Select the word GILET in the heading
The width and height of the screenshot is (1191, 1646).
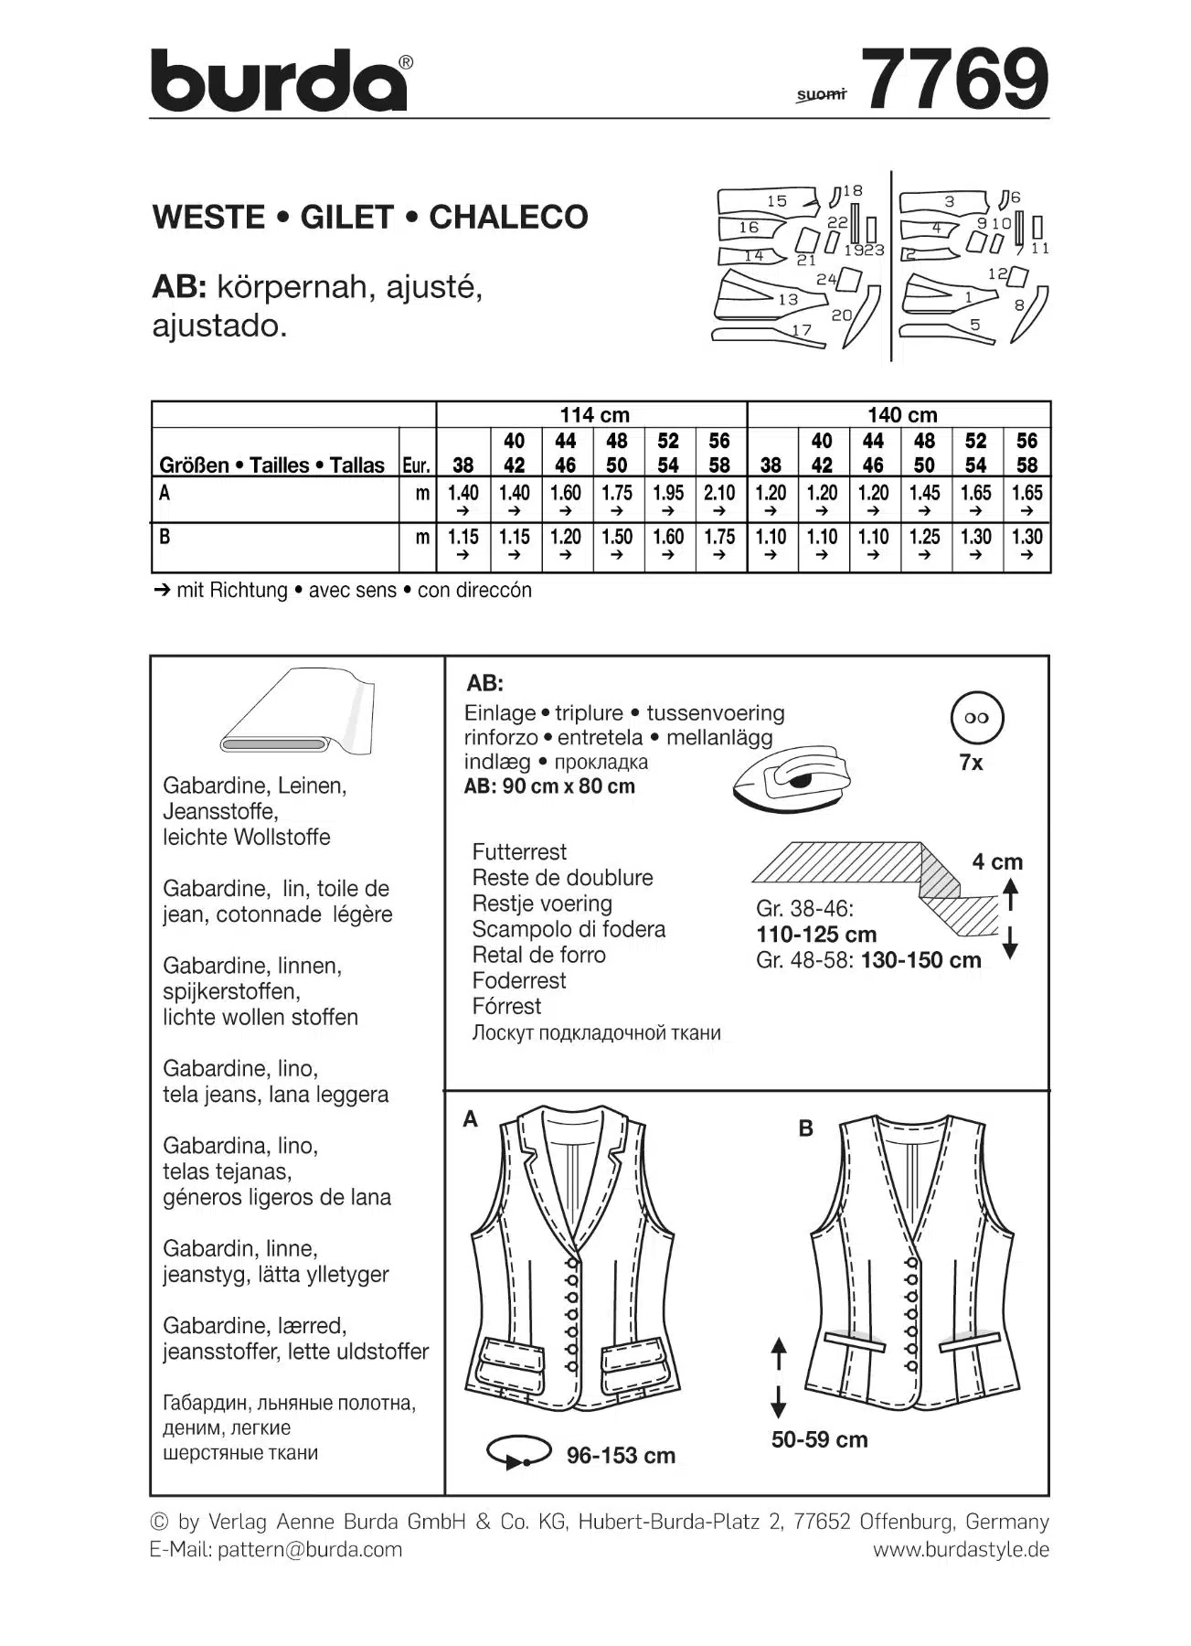point(347,218)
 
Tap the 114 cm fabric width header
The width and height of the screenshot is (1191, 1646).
point(594,415)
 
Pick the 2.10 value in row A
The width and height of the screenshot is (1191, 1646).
point(719,494)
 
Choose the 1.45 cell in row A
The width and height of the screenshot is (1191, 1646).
point(924,494)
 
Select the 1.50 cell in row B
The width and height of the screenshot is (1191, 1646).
point(617,538)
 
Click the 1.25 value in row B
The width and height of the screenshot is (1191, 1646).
point(924,538)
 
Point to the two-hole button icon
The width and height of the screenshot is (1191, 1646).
point(976,719)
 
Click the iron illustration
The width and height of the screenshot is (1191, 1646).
point(792,776)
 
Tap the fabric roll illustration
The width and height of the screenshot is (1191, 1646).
point(297,713)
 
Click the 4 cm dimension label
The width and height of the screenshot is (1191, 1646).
point(997,862)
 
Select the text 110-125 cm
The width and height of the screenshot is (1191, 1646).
point(816,935)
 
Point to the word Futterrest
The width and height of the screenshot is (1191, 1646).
point(519,852)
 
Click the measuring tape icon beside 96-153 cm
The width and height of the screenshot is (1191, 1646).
point(518,1452)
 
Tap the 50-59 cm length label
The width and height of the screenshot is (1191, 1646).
point(819,1440)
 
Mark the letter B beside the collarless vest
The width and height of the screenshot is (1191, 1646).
point(805,1128)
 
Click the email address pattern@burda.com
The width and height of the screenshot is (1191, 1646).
point(310,1550)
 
